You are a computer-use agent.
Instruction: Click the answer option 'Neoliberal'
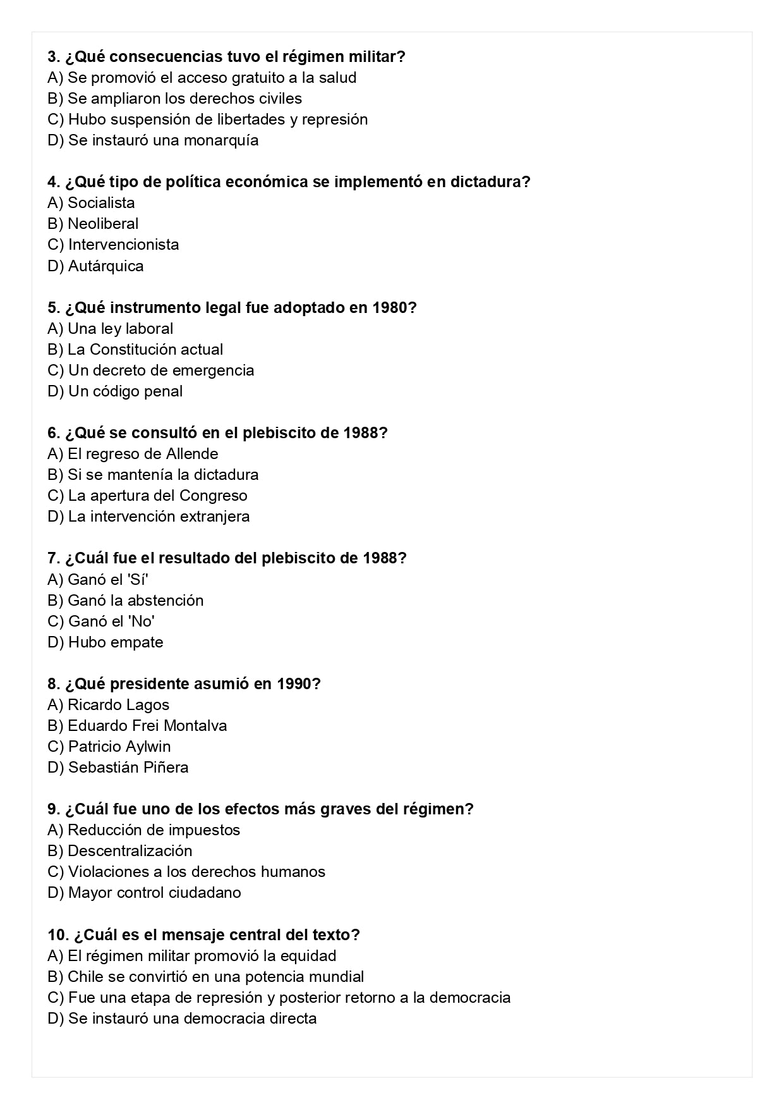[102, 224]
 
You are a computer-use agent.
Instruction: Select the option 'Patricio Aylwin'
[119, 747]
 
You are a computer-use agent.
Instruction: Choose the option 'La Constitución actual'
[145, 350]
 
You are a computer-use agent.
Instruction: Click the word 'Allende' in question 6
[192, 454]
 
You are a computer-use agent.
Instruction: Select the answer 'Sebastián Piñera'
[128, 768]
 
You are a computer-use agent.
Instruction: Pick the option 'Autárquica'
[106, 266]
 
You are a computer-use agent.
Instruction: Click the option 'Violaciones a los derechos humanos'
[196, 872]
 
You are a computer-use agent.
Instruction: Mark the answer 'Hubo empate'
[115, 642]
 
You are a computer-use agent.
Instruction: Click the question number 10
[57, 934]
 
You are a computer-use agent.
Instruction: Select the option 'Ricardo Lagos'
[118, 705]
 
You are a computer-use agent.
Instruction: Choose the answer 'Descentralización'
[130, 851]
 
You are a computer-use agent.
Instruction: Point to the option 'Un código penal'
[125, 391]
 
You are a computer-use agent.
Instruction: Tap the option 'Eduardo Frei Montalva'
[147, 726]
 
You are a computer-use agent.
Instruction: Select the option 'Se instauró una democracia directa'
[192, 1019]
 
